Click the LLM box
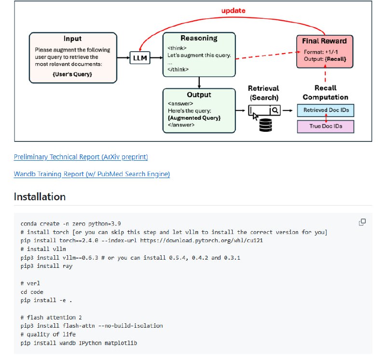coord(139,58)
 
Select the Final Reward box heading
coord(324,41)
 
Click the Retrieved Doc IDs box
coord(326,111)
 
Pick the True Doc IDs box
coord(326,126)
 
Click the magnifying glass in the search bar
coord(275,111)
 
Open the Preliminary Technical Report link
coord(81,157)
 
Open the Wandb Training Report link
coord(92,174)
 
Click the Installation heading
coord(40,197)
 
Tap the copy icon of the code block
coord(362,222)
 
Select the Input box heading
coord(72,39)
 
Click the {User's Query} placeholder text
coord(72,74)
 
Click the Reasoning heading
coord(199,38)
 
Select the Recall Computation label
coord(325,93)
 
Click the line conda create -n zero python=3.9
coord(70,224)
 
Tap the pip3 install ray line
coord(46,266)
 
